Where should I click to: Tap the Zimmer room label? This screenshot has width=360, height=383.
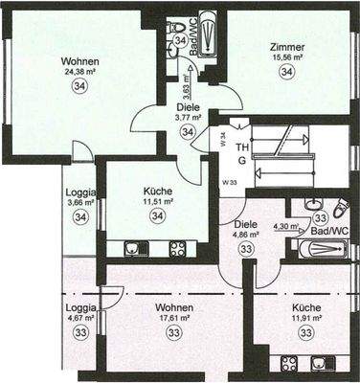[x=287, y=47]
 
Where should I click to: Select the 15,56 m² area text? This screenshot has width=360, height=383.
[x=287, y=58]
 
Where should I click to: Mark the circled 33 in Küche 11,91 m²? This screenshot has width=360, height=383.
[x=306, y=332]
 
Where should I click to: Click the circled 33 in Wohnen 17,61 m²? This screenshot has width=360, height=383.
[x=174, y=332]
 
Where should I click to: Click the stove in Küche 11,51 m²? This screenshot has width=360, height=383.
[x=177, y=250]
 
